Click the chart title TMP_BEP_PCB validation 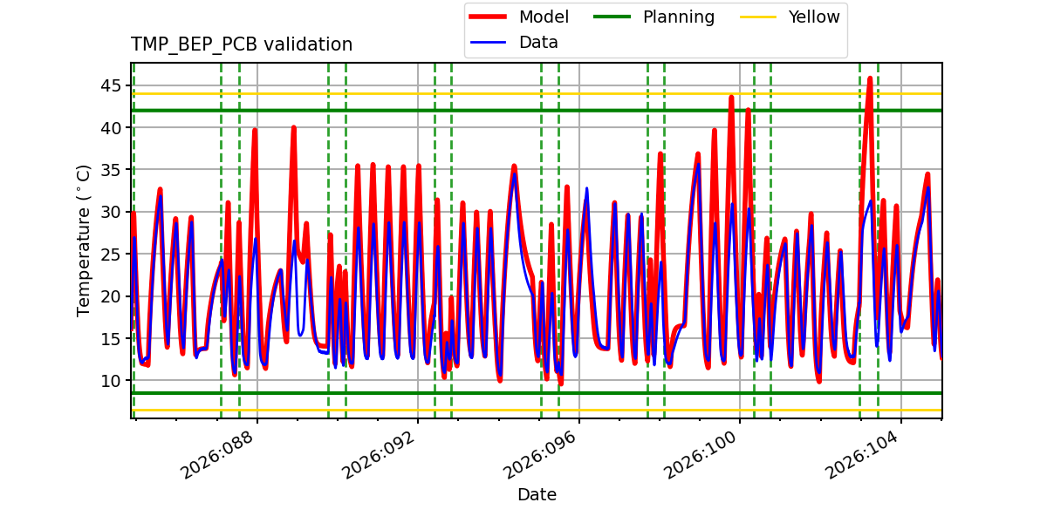[x=242, y=44]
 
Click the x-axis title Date [x=537, y=495]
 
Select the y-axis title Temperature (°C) [x=84, y=240]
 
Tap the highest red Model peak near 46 [x=870, y=78]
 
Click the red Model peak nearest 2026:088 [x=255, y=130]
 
